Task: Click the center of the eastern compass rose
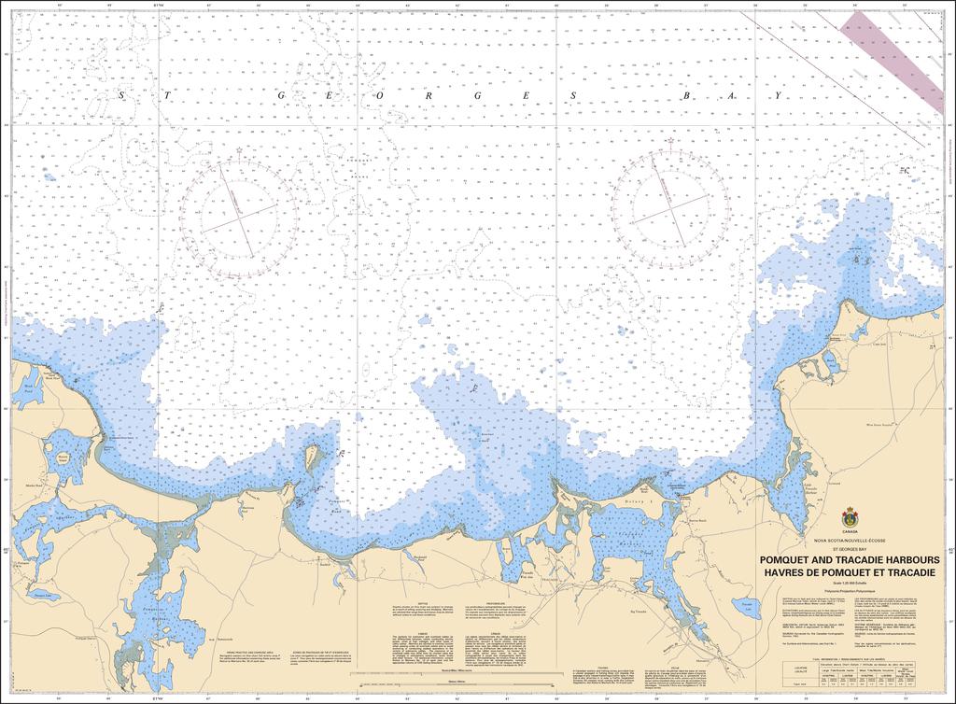(670, 205)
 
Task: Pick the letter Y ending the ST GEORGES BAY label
(774, 96)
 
